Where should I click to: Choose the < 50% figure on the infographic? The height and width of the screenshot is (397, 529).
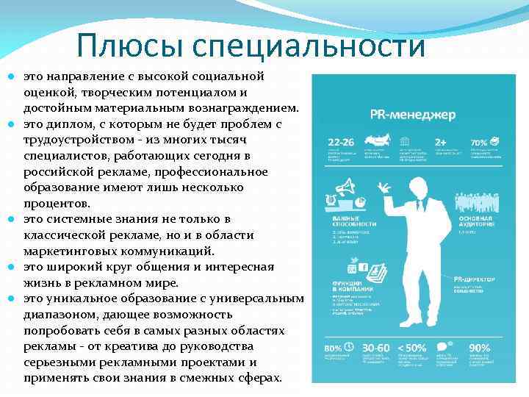[411, 347]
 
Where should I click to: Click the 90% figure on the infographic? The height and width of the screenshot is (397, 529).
[480, 347]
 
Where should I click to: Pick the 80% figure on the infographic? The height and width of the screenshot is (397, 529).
[332, 347]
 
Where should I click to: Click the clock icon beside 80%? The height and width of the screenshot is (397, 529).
[350, 346]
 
